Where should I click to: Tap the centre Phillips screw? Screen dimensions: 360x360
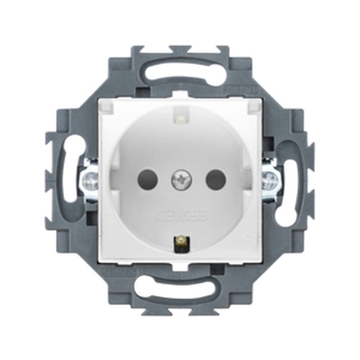pyautogui.click(x=181, y=180)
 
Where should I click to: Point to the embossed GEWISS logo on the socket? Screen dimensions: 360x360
pyautogui.click(x=182, y=215)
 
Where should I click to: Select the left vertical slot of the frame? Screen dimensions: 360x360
pyautogui.click(x=72, y=169)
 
